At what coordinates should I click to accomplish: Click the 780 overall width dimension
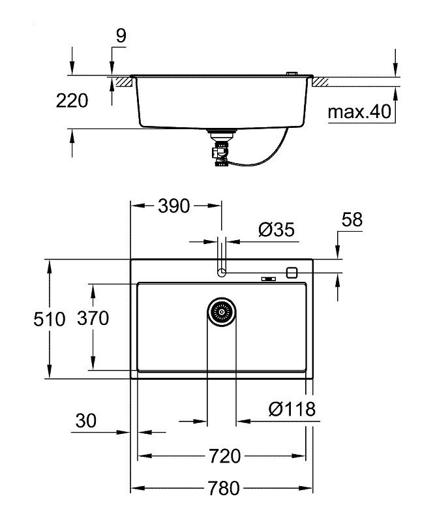coord(224,488)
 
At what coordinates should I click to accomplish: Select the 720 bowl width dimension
coord(224,455)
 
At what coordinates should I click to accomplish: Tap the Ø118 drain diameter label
coord(292,408)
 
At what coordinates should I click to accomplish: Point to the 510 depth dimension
coord(50,319)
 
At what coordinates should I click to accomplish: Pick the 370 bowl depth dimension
coord(93,318)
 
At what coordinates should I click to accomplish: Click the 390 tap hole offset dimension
coord(173,206)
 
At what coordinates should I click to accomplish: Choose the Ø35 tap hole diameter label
coord(277,230)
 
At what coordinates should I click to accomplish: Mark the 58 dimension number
coord(352,219)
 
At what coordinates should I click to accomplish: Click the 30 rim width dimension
coord(86,420)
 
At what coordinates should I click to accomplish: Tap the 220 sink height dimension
coord(72,100)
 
